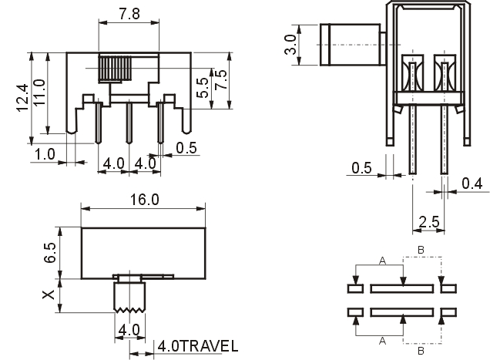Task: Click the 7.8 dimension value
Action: [129, 14]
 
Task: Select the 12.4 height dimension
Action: [23, 98]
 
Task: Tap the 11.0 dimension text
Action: [40, 93]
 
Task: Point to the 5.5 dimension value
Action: [203, 87]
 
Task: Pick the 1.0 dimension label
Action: [45, 154]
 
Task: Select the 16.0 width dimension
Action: [144, 200]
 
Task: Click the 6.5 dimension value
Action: [50, 252]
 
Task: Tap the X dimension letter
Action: [48, 294]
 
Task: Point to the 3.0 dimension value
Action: [290, 45]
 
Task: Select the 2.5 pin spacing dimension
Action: [429, 222]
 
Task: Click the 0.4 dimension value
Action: [472, 183]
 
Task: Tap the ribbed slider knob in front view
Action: [115, 69]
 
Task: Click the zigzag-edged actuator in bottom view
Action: [129, 297]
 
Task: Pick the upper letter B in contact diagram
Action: [421, 250]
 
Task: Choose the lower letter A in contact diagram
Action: [382, 341]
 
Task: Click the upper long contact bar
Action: [402, 288]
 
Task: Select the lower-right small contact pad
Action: [448, 312]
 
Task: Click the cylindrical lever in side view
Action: [351, 45]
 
